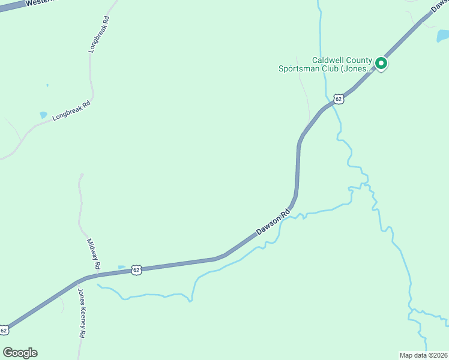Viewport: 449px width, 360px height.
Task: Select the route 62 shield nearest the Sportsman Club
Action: tap(339, 98)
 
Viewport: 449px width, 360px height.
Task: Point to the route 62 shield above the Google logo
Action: tap(5, 330)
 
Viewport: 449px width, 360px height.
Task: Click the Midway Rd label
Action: tap(93, 253)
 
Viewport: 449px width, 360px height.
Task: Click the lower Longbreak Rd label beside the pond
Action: tap(71, 111)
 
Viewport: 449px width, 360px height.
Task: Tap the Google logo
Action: tap(20, 352)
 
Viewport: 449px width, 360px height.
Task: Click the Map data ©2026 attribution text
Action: tap(423, 355)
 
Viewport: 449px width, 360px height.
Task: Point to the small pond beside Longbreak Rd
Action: tap(43, 114)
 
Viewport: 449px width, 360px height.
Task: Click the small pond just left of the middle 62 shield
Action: tap(121, 267)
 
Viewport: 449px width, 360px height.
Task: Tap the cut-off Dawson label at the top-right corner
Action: tap(439, 6)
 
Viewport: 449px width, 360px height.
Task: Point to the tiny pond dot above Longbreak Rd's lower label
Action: tap(47, 85)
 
